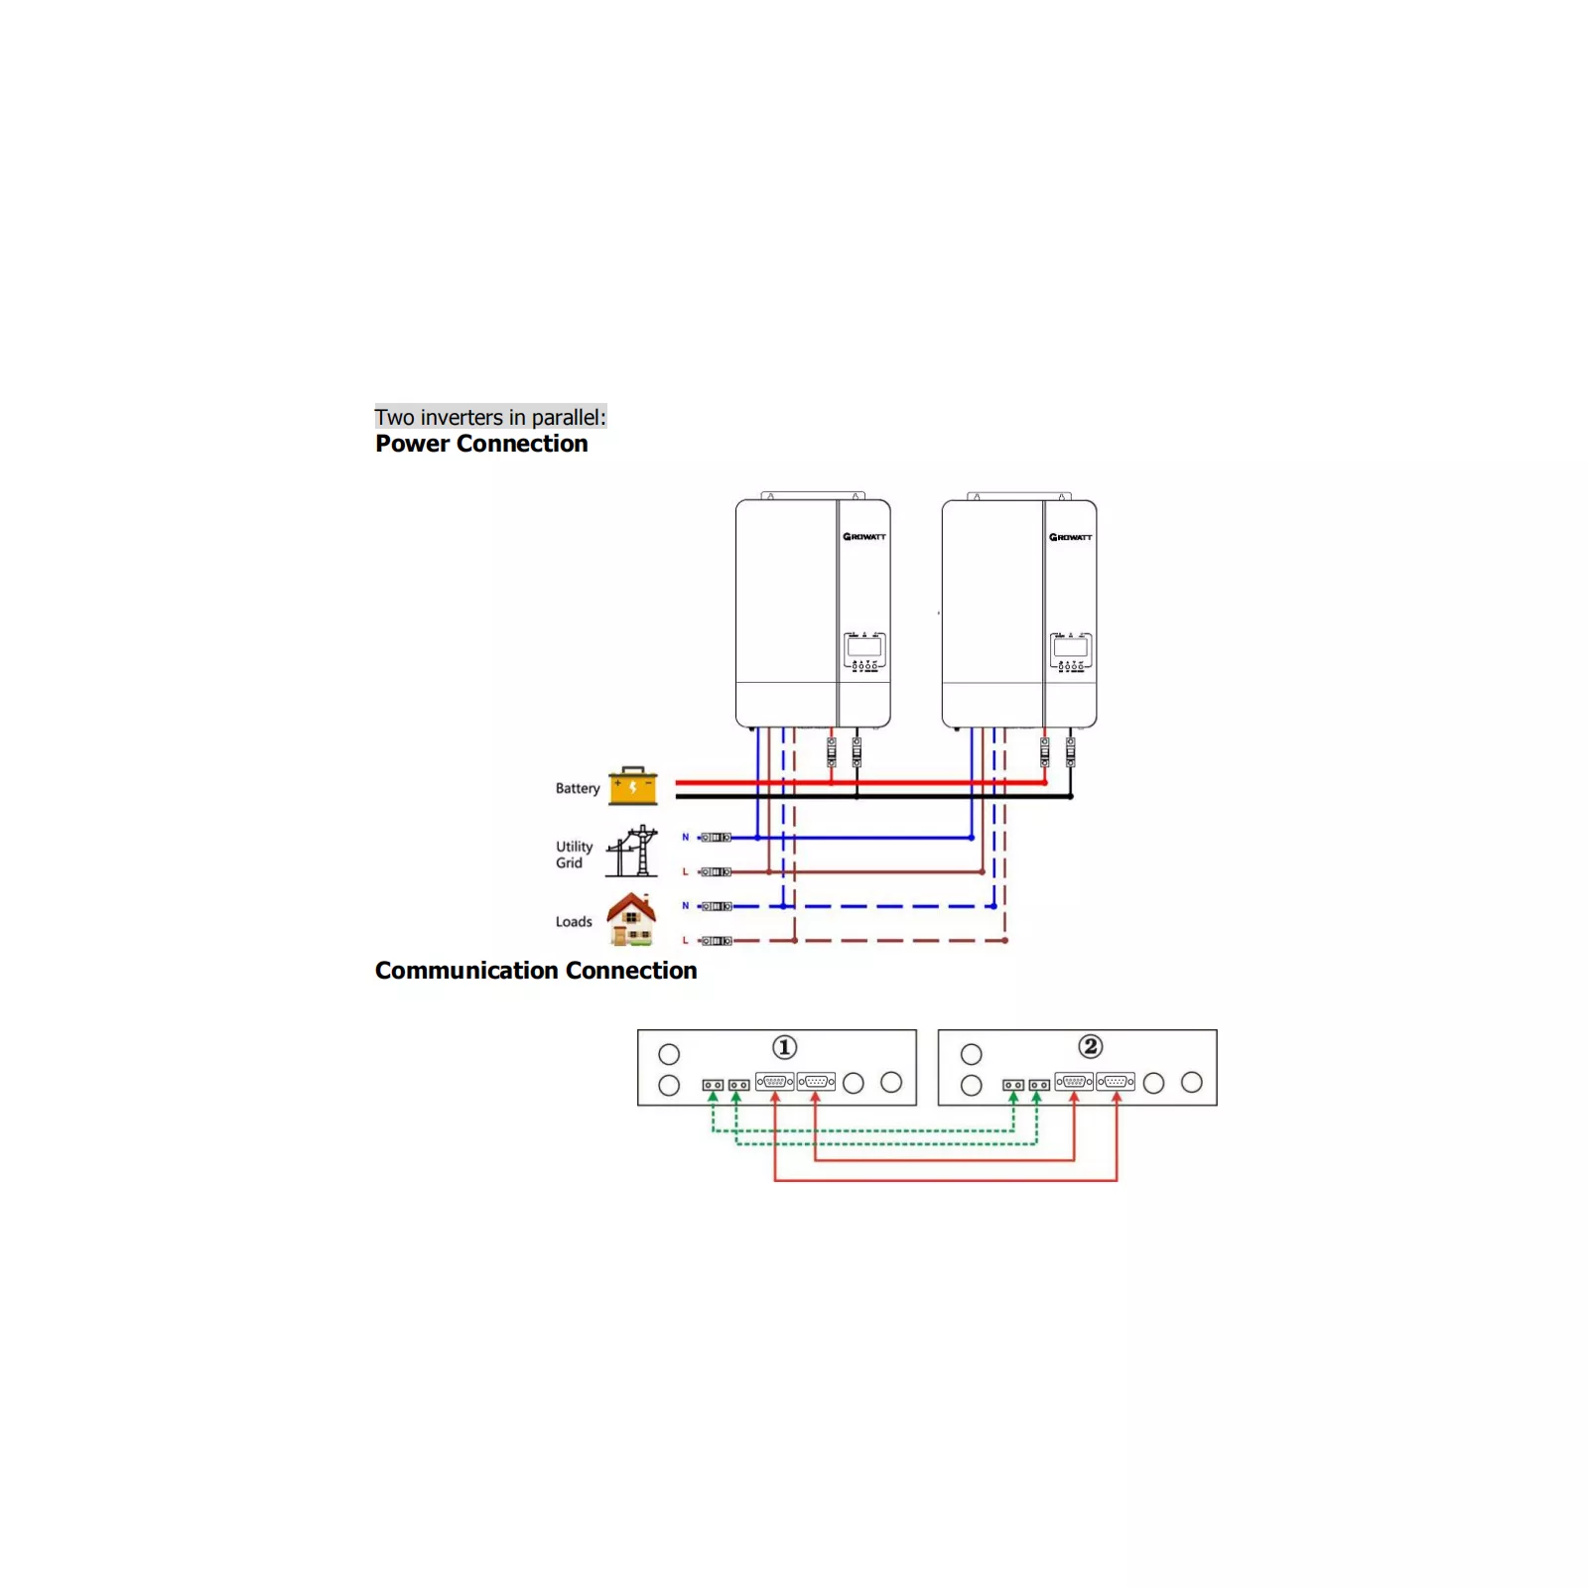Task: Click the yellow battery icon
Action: point(632,786)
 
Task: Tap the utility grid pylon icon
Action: point(632,852)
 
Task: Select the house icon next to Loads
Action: point(632,919)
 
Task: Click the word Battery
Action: point(578,788)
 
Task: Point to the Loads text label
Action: point(574,922)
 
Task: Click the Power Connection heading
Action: point(481,444)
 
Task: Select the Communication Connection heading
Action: point(536,971)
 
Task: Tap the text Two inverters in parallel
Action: point(489,417)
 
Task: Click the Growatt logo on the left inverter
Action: point(864,537)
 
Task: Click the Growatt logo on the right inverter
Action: point(1071,537)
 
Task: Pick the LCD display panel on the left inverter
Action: point(864,648)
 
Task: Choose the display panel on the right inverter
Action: point(1071,648)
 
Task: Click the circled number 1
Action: point(784,1047)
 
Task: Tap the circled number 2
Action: point(1090,1046)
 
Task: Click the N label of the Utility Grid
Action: point(685,838)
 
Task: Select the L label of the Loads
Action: point(685,941)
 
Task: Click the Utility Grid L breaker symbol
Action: point(716,872)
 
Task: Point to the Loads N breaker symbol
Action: point(716,906)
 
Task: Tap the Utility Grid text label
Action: point(574,855)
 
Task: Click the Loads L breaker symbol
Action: point(716,941)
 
